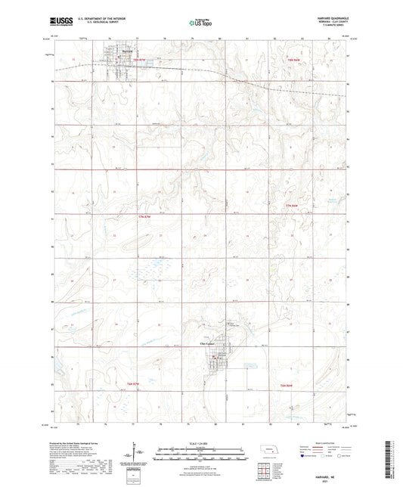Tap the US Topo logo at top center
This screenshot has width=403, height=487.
coord(199,23)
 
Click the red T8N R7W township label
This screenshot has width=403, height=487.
coord(138,57)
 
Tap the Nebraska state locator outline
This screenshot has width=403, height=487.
coord(267,449)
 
